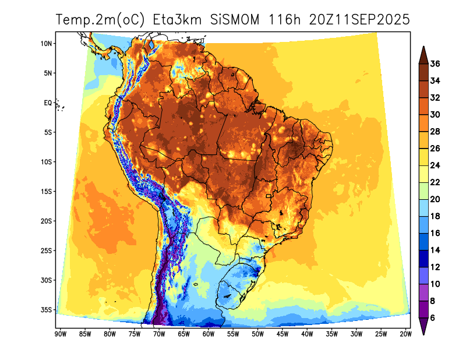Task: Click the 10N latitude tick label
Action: point(47,44)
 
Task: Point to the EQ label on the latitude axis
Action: point(48,103)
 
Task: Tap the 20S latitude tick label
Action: point(47,221)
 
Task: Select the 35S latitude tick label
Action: point(47,309)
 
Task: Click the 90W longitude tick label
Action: point(59,334)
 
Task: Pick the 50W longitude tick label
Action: point(257,334)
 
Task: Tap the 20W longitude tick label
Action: point(406,334)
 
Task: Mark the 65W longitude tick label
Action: point(183,334)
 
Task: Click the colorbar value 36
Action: point(435,64)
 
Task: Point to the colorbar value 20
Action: point(435,199)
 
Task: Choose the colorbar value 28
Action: point(435,132)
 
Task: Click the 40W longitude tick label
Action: point(307,334)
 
